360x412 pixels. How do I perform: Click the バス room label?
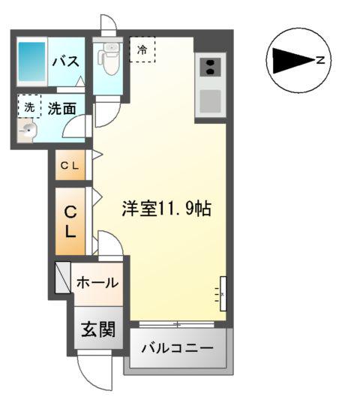(66, 62)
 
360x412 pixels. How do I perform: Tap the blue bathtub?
(32, 62)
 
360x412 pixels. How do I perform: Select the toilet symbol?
(109, 59)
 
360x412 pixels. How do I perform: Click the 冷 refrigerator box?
(142, 50)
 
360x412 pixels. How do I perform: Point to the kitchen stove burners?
(210, 67)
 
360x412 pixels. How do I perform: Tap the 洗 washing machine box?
(29, 107)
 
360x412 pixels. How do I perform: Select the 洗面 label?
(61, 108)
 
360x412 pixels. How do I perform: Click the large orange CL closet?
(70, 221)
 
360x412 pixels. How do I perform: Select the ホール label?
(97, 283)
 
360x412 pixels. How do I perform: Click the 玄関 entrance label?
(97, 329)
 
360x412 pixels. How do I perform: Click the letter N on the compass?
(320, 62)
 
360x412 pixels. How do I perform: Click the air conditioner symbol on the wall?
(222, 293)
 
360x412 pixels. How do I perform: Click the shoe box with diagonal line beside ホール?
(62, 277)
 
